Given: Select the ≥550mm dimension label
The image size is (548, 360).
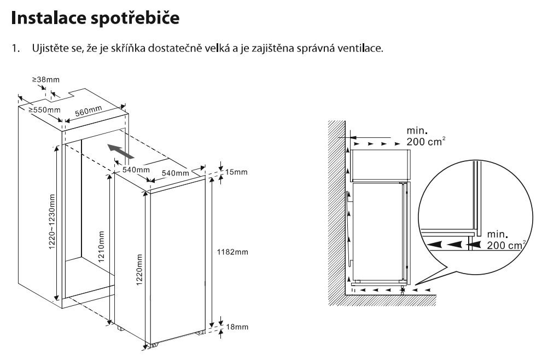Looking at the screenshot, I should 45,109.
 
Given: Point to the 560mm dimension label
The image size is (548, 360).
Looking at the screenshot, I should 89,112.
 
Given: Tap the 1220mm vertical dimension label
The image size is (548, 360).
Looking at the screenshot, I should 141,274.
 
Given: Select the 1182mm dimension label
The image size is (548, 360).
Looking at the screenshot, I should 233,252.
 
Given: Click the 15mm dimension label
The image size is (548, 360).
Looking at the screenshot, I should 236,172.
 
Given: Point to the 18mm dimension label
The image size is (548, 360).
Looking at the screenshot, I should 237,327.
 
